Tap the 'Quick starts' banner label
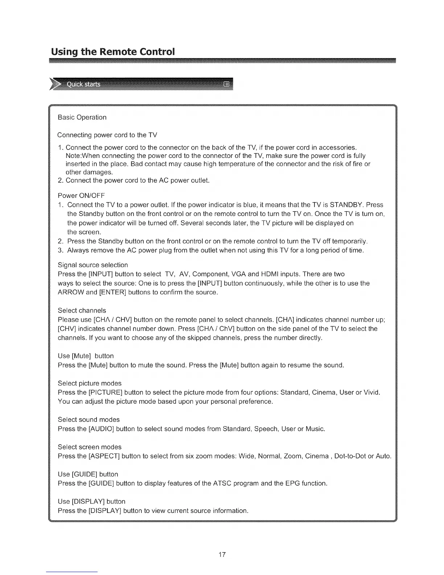tap(83, 85)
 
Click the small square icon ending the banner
tap(227, 85)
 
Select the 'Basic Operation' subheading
tap(82, 117)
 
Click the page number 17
tap(222, 554)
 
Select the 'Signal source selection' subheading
tap(93, 265)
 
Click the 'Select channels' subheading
tap(82, 310)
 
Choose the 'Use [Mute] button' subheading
tap(86, 356)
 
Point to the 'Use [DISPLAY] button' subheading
tap(91, 501)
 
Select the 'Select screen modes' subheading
tap(90, 447)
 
